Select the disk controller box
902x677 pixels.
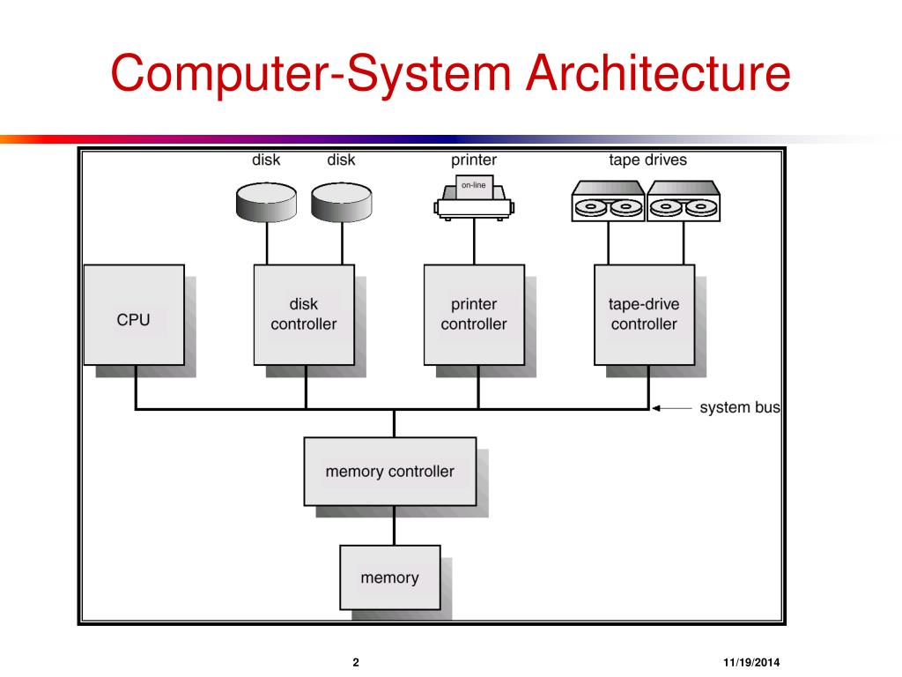tap(304, 315)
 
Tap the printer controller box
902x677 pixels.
tap(474, 315)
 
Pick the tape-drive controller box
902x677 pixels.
tap(644, 315)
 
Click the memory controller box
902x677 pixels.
tap(390, 472)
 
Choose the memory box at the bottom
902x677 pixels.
tap(389, 577)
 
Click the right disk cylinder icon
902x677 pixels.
tap(341, 203)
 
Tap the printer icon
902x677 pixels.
tap(474, 197)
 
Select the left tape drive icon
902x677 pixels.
tap(609, 202)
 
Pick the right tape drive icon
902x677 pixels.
tap(684, 202)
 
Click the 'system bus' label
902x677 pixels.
tap(739, 408)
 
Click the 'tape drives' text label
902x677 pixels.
tap(647, 160)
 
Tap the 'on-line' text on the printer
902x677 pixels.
tap(474, 185)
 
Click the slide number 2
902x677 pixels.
tap(356, 663)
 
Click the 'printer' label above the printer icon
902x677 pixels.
tap(474, 160)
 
